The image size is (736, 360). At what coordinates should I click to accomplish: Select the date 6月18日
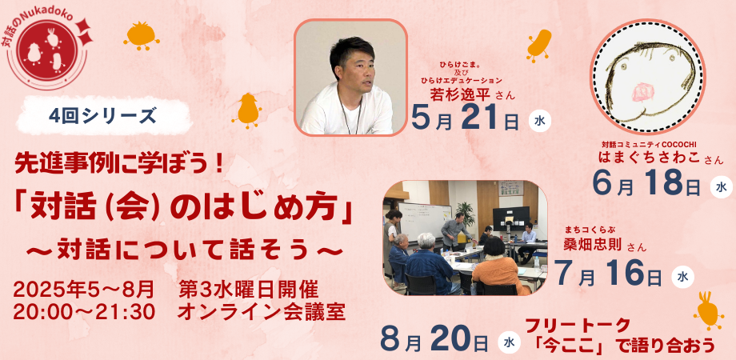pyautogui.click(x=647, y=185)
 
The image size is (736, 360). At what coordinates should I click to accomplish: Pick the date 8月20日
pyautogui.click(x=435, y=341)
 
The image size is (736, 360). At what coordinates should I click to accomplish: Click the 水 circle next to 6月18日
pyautogui.click(x=720, y=187)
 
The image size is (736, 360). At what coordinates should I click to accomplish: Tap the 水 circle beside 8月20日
pyautogui.click(x=509, y=342)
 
